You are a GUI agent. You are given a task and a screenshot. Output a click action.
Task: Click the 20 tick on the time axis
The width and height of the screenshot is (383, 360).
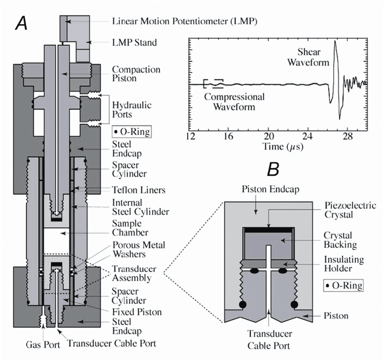coord(270,136)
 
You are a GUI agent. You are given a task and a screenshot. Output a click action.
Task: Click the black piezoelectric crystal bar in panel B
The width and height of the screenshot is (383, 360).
coord(268,229)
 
